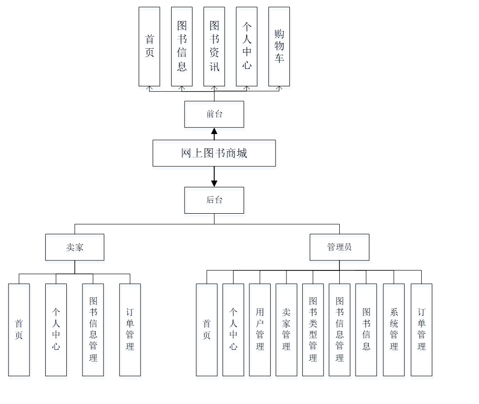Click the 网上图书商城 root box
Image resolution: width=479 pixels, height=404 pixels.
point(214,153)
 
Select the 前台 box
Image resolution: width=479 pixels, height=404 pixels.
point(214,114)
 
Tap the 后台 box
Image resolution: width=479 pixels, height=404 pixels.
point(214,200)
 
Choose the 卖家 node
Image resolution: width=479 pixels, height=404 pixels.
point(75,247)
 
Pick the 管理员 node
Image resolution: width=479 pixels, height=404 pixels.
point(339,247)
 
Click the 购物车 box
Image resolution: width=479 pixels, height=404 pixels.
point(279,46)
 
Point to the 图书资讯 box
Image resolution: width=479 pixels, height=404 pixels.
point(214,46)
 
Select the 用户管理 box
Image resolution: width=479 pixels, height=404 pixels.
point(260,330)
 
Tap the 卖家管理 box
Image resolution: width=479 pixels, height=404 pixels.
point(286,330)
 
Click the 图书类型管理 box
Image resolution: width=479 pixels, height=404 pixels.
point(313,330)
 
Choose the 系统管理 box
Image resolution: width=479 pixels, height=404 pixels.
point(394,330)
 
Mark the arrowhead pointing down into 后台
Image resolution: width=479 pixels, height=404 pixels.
point(214,183)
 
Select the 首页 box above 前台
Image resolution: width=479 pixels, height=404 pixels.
point(149,46)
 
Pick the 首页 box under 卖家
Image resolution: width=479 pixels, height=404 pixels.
point(19,330)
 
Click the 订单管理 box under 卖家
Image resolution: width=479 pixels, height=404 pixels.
point(130,330)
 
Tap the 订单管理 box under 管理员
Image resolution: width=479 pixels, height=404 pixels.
point(421,330)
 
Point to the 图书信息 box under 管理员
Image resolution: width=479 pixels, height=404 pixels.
point(366,330)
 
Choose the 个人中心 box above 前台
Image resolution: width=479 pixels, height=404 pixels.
point(246,46)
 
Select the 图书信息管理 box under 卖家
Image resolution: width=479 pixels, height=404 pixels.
point(93,330)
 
